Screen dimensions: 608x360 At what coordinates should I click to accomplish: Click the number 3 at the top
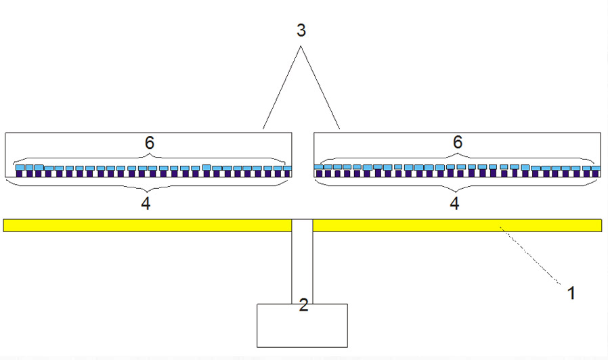point(301,30)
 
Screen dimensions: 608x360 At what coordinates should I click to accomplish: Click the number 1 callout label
point(571,293)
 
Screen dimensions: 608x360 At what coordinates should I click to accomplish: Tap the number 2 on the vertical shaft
point(303,305)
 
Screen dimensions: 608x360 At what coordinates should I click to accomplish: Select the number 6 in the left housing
point(149,143)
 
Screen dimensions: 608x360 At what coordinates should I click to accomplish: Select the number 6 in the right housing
point(458,142)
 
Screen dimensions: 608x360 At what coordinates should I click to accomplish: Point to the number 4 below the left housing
point(146,203)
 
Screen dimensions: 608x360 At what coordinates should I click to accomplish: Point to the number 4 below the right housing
point(454,203)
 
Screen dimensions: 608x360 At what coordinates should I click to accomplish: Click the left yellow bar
point(148,225)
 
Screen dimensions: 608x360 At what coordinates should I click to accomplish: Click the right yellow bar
point(457,225)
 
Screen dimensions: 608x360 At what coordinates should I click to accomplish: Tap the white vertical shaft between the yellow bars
point(302,262)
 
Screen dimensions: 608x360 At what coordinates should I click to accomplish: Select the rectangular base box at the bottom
point(302,325)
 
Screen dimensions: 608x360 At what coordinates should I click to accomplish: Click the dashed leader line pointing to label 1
point(530,255)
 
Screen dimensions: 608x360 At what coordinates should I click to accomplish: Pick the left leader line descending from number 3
point(282,87)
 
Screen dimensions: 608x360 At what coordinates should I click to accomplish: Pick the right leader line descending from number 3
point(320,87)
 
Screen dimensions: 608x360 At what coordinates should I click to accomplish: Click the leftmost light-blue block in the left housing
point(20,167)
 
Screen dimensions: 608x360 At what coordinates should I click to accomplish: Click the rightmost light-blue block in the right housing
point(596,168)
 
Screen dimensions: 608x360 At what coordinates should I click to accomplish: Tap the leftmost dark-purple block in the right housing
point(319,174)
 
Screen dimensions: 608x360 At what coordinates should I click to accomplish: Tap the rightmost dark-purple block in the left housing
point(288,174)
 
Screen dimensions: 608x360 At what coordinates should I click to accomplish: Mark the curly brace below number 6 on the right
point(457,158)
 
